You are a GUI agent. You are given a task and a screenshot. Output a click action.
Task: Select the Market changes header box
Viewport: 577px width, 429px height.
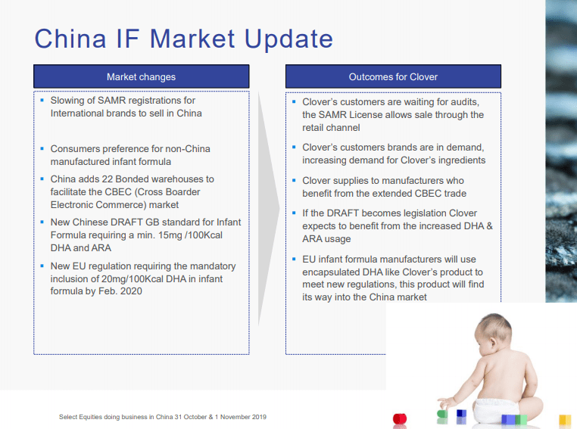point(141,76)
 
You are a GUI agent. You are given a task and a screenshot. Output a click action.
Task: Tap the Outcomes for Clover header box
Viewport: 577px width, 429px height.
point(393,76)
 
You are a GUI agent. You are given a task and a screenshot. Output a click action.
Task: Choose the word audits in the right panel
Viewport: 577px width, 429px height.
point(463,101)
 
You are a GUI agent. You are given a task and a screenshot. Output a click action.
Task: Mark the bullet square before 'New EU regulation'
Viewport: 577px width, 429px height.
point(42,266)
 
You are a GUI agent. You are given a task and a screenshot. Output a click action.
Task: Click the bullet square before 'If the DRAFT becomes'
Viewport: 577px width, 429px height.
point(293,213)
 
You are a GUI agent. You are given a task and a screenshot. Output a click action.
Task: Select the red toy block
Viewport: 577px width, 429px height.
point(399,418)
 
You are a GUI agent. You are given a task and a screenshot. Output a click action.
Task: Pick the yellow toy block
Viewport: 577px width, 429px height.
point(564,420)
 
